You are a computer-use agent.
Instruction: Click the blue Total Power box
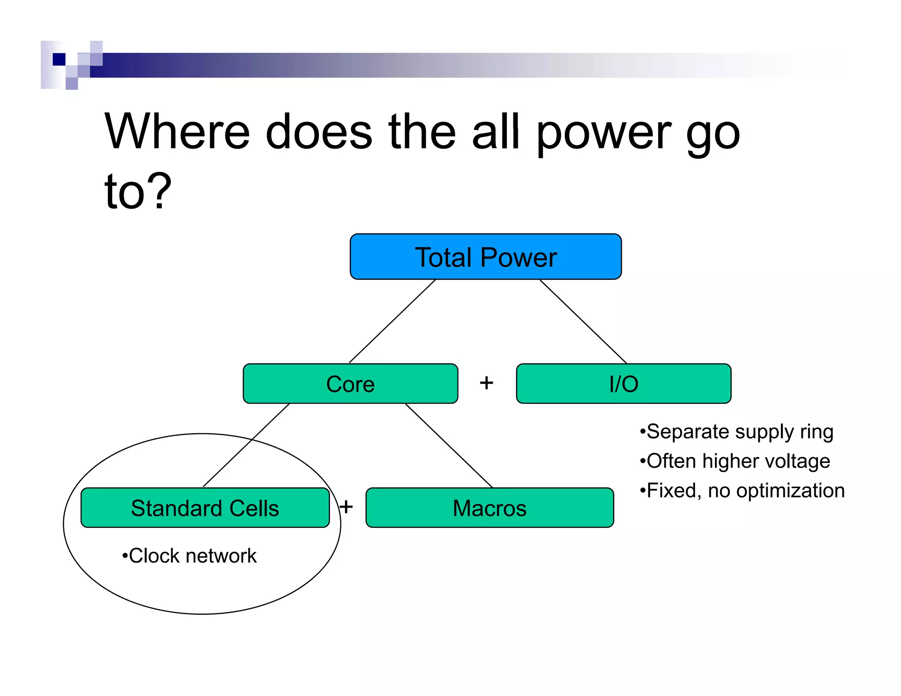485,257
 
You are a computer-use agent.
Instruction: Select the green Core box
350,384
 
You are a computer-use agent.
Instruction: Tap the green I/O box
623,384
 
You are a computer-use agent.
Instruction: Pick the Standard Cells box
205,508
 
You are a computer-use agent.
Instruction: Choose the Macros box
489,508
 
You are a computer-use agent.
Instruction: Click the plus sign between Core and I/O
486,383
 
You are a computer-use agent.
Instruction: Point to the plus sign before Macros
346,507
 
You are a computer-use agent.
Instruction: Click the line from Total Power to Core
392,321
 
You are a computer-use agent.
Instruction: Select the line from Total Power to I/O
583,321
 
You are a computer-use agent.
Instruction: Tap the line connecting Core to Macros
449,445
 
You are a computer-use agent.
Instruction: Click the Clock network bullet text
189,556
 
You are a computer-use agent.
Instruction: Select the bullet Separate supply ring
737,432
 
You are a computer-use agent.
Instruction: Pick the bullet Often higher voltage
735,461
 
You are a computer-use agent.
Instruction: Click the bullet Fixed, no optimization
743,491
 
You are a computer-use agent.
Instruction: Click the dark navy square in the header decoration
59,59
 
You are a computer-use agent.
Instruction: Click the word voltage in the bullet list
797,462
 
